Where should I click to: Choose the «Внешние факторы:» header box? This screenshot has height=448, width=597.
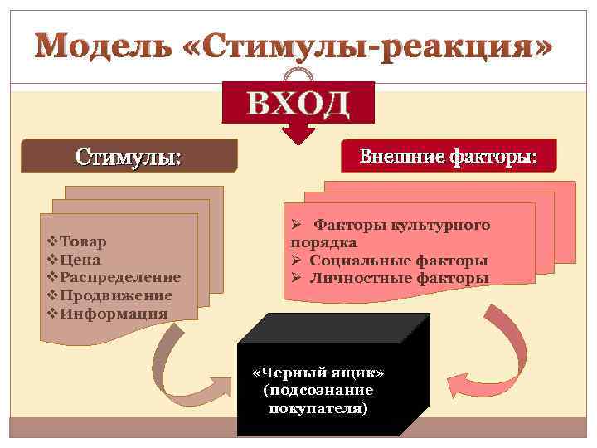[448, 155]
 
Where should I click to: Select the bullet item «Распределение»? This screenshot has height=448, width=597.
[119, 277]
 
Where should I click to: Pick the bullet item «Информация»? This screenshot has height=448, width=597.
[113, 314]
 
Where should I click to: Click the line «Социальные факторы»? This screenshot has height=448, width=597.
[398, 261]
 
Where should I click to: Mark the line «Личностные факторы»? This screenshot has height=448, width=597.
[399, 278]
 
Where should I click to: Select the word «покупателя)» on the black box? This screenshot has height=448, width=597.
[318, 408]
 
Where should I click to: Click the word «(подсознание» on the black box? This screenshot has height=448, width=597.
[318, 390]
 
